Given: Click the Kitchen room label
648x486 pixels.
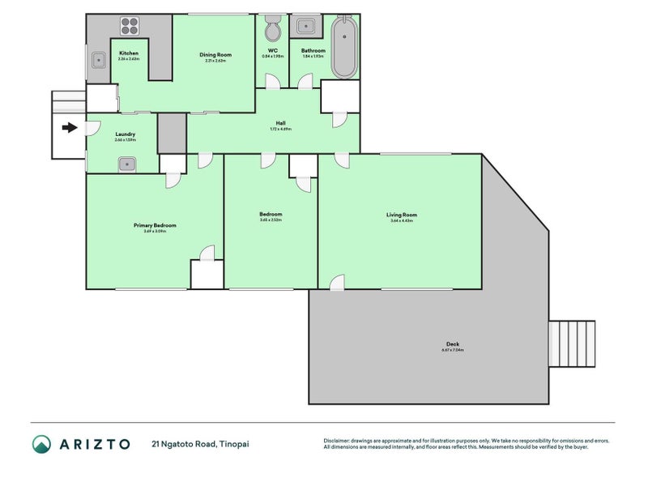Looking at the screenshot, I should (129, 53).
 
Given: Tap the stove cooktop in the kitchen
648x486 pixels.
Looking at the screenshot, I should (130, 26).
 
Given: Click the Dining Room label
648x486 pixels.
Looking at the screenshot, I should (215, 54).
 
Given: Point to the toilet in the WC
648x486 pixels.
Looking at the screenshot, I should (273, 31).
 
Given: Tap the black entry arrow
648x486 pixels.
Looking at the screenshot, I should (69, 127).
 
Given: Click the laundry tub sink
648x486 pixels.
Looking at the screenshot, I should (126, 164).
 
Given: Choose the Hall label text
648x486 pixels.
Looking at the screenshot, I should (280, 123).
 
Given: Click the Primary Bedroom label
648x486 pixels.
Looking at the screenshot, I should (154, 225).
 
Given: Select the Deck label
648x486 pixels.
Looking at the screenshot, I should (453, 343).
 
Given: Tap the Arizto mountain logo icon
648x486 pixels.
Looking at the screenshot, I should (41, 443).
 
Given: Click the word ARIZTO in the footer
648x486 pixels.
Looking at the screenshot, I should (94, 443).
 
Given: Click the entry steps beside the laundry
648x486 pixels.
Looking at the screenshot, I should (62, 101).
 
